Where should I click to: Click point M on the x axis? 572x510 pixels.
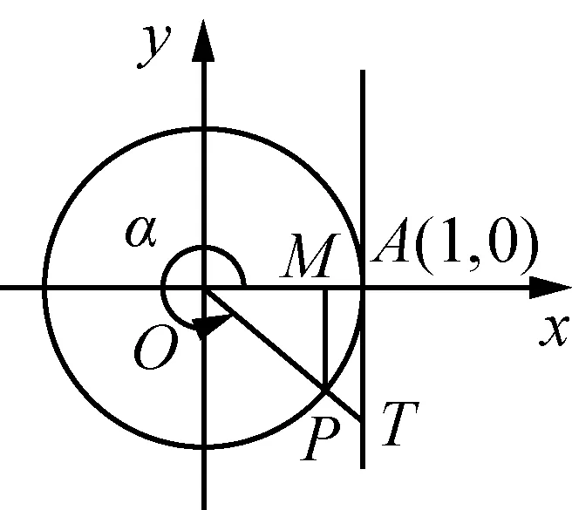click(x=324, y=287)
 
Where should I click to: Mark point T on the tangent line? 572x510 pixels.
click(x=362, y=421)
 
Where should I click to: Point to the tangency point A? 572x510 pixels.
click(x=362, y=287)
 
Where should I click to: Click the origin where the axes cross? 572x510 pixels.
click(x=204, y=287)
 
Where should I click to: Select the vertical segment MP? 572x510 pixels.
click(x=324, y=340)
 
